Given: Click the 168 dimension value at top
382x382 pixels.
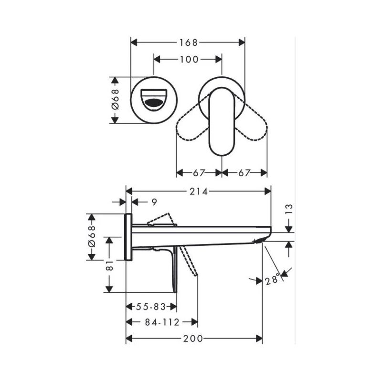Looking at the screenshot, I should (188, 42).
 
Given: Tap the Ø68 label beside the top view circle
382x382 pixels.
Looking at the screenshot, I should (115, 100).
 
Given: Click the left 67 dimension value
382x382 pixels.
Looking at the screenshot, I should (200, 172).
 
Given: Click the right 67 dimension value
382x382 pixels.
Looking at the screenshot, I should (244, 172).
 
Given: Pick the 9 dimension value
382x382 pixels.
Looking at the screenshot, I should (154, 202).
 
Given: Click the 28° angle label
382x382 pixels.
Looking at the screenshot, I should (273, 279).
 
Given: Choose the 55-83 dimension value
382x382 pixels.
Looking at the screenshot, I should (152, 308).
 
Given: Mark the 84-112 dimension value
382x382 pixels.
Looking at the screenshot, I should (162, 322).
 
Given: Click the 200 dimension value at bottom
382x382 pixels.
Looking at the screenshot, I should (194, 339).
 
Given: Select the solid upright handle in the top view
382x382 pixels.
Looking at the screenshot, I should (222, 122).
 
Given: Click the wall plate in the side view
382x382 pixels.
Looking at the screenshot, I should (128, 237).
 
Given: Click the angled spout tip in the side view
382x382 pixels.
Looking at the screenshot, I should (264, 238).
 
